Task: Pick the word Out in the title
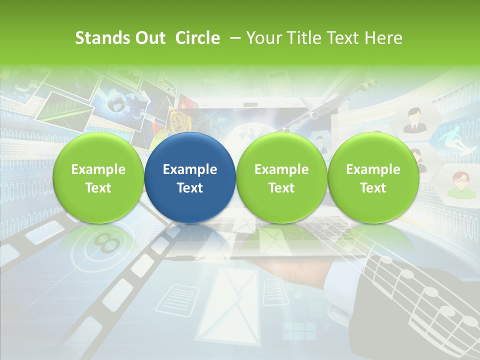click(x=149, y=38)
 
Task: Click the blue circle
click(x=190, y=178)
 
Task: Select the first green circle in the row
click(x=98, y=178)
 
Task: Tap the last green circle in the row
click(x=373, y=178)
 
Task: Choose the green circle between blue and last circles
click(x=281, y=178)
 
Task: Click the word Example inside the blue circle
click(x=190, y=169)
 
